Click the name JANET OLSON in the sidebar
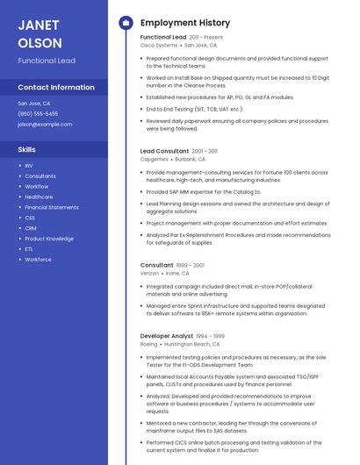tap(40, 33)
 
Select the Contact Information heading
tap(56, 87)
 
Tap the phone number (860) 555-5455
tap(38, 113)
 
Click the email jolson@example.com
tap(45, 124)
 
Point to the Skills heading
tap(26, 149)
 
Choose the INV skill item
tap(29, 165)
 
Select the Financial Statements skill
tap(52, 207)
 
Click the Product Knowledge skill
tap(49, 239)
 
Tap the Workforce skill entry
tap(38, 260)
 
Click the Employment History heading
tap(185, 23)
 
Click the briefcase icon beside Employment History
tap(126, 23)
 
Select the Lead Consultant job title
tap(164, 151)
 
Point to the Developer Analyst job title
tap(167, 335)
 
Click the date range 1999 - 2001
tap(191, 265)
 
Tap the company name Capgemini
tap(155, 160)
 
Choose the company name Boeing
tap(148, 344)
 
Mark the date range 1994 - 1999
tap(211, 336)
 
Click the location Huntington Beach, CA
tap(192, 344)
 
